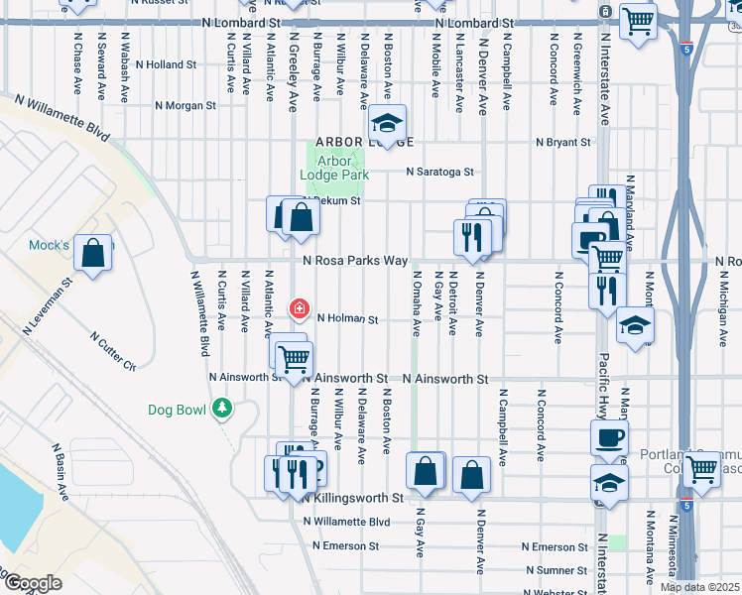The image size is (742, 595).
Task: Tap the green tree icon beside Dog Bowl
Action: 224,407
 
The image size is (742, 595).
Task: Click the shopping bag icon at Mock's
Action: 92,252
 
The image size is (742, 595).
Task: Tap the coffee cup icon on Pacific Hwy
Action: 609,437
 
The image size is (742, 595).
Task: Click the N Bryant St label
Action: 562,143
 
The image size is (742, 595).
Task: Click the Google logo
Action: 32,583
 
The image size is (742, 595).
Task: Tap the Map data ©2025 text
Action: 698,587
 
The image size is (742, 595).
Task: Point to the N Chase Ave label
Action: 77,61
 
